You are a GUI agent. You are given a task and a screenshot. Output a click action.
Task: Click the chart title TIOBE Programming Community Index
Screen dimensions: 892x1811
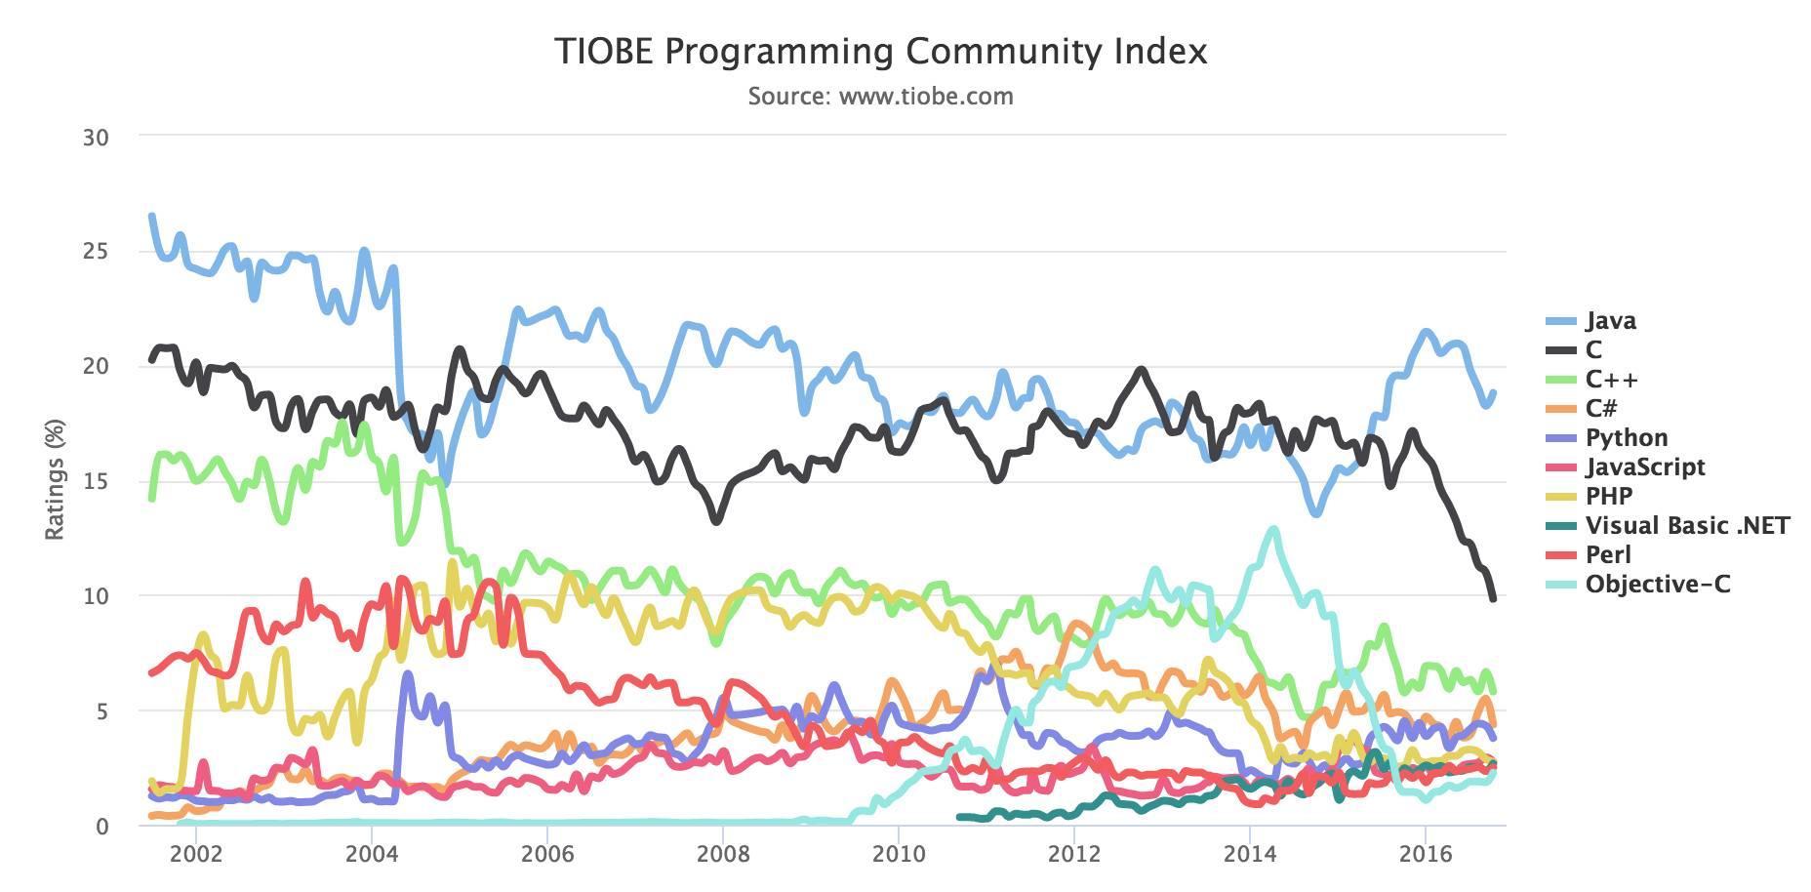(x=880, y=51)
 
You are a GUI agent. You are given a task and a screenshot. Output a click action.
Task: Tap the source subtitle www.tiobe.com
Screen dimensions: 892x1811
(x=880, y=97)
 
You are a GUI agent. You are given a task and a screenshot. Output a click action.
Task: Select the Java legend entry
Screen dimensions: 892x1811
(x=1610, y=321)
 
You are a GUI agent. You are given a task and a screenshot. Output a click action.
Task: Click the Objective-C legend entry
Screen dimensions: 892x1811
(x=1657, y=585)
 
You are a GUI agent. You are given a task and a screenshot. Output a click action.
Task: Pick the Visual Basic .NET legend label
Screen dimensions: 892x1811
(x=1687, y=526)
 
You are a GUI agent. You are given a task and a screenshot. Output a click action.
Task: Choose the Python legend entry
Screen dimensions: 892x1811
(x=1626, y=438)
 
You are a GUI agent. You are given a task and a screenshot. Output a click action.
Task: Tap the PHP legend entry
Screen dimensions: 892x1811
(x=1608, y=497)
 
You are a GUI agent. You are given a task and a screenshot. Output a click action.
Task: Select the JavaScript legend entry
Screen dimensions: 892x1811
(x=1644, y=467)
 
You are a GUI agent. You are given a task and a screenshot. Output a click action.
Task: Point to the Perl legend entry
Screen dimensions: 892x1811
(x=1607, y=555)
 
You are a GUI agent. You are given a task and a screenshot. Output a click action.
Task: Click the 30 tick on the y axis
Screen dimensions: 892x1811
(x=96, y=138)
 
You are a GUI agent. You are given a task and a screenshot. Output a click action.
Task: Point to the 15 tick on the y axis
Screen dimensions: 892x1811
(x=96, y=481)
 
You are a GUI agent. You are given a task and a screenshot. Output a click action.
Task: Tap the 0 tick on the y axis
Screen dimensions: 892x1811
(x=102, y=826)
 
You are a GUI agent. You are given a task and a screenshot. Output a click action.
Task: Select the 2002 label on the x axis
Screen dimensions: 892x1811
(x=196, y=854)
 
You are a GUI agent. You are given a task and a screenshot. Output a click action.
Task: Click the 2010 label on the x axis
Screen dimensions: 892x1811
(x=898, y=854)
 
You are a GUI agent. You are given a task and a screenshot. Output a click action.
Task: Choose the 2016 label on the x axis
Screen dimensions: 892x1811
(x=1425, y=854)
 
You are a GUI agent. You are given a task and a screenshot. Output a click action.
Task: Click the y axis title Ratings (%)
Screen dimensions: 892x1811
(x=55, y=479)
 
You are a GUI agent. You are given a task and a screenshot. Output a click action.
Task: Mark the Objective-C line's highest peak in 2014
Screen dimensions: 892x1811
(x=1272, y=529)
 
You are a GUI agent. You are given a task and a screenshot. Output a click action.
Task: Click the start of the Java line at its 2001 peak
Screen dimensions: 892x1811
(x=151, y=216)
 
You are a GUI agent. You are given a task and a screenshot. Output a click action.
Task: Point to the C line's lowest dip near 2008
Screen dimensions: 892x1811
(x=716, y=521)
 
